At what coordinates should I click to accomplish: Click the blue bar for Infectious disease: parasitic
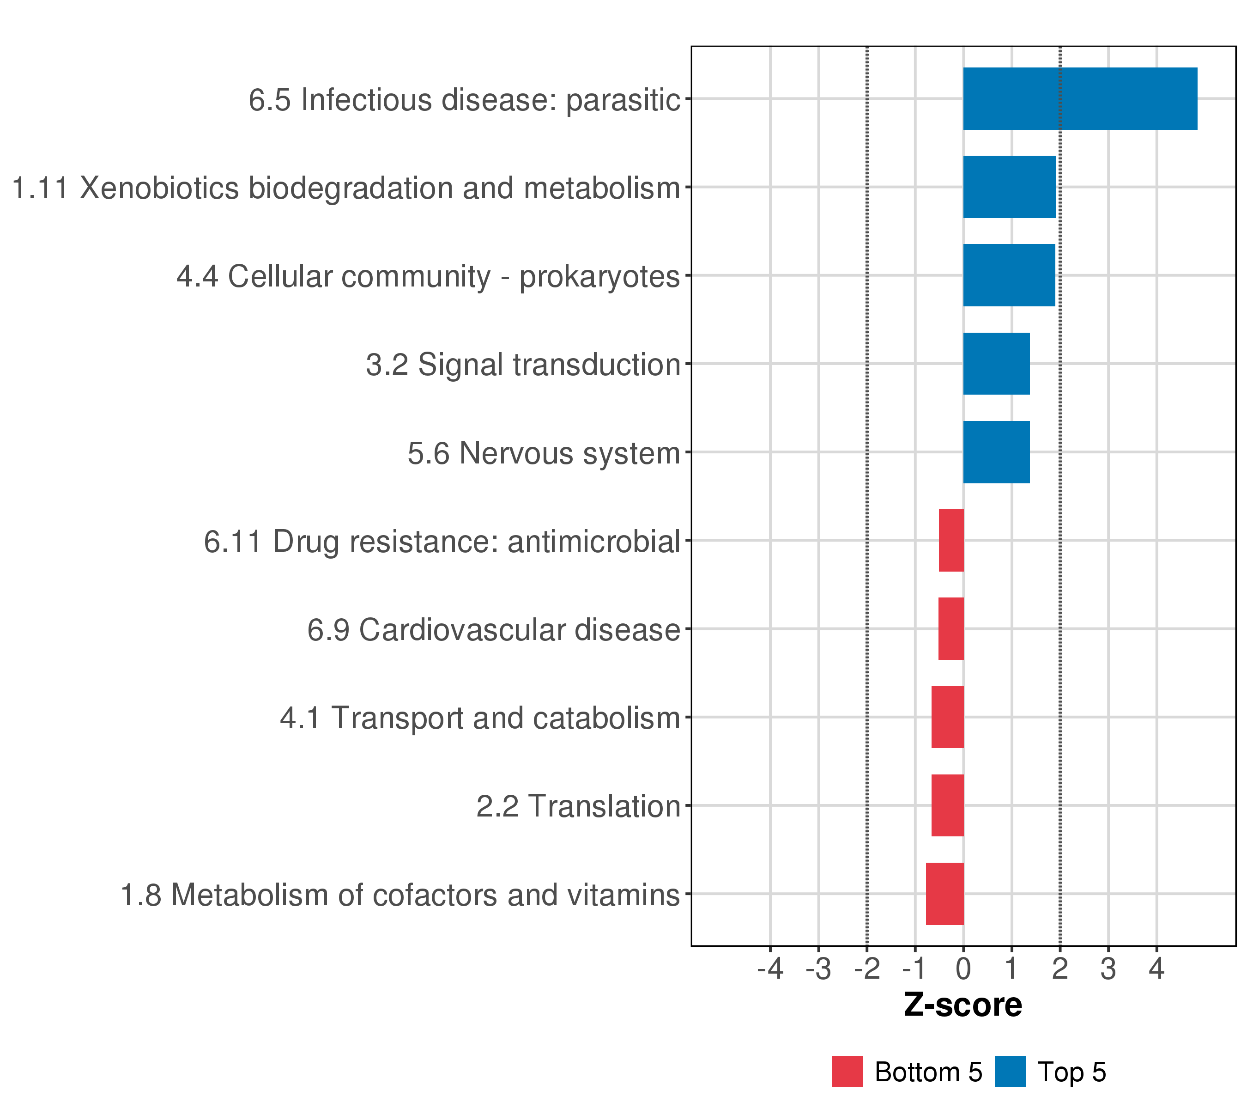1080,98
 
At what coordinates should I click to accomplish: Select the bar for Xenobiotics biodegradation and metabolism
1009,187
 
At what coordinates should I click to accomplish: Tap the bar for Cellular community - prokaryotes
1009,275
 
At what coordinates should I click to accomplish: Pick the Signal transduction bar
996,364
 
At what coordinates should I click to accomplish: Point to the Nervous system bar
996,452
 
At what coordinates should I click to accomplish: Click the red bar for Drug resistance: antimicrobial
951,540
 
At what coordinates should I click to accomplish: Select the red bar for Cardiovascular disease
951,628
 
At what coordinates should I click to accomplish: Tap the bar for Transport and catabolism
947,717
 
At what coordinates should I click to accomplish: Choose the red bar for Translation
947,806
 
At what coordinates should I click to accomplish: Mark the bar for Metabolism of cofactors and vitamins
944,894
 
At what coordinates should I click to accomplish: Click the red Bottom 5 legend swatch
847,1071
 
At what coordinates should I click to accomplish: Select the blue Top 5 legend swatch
1010,1071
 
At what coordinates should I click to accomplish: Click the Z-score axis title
962,1005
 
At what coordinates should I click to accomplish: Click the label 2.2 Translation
578,806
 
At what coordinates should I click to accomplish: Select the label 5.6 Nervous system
544,453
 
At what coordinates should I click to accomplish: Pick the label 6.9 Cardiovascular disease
493,630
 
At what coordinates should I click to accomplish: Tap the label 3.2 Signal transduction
523,365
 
